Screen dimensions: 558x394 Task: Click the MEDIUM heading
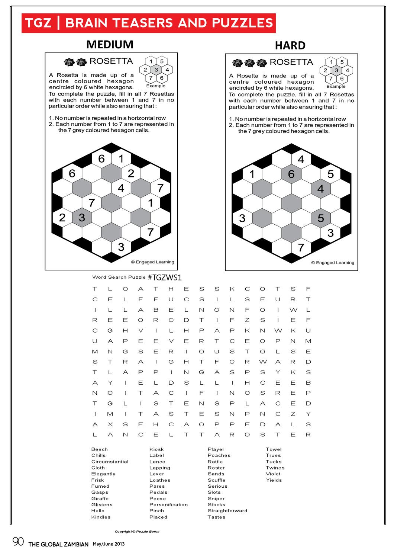tap(110, 45)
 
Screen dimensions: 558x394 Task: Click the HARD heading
tap(290, 46)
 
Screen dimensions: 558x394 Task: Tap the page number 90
tap(18, 542)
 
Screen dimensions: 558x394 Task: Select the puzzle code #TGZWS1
tap(164, 278)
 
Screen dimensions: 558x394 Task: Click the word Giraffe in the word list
tap(100, 498)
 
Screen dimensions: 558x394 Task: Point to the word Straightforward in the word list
tap(227, 511)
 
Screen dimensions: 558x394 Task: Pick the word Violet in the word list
tap(273, 474)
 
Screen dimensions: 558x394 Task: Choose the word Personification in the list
tap(168, 505)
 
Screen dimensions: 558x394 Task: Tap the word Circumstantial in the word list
tap(110, 462)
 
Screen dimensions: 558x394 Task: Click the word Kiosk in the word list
tap(156, 449)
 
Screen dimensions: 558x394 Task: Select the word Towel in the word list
tap(274, 449)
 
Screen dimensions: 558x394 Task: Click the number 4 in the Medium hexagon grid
tap(121, 188)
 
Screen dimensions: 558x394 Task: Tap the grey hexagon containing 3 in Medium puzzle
tap(82, 218)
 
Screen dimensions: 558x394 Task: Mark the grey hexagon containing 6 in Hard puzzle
tap(291, 174)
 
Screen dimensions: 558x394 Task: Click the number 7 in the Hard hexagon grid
tap(301, 247)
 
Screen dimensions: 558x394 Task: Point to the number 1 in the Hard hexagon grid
tap(252, 174)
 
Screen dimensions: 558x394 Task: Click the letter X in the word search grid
tap(110, 424)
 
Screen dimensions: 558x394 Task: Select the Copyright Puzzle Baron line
tap(137, 532)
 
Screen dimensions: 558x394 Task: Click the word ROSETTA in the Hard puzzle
tap(291, 62)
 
